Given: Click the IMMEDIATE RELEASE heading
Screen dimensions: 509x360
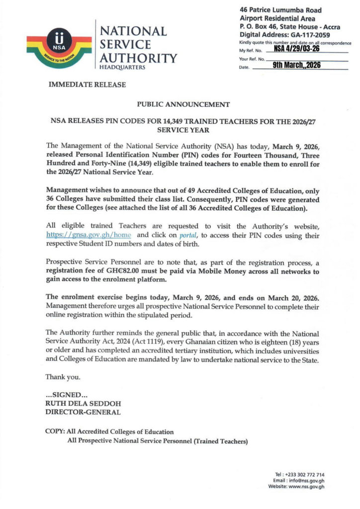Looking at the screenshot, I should point(87,85).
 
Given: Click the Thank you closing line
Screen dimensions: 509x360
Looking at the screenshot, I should point(62,376).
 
